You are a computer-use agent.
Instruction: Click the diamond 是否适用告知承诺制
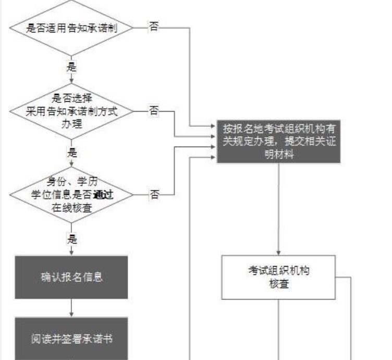coord(71,28)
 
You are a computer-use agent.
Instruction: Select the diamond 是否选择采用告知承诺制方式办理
coord(71,111)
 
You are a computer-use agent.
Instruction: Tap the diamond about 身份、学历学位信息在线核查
coord(71,194)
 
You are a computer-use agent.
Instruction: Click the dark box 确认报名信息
coord(71,277)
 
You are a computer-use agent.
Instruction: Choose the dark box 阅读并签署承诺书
coord(71,339)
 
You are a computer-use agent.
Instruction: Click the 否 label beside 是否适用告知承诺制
coord(154,27)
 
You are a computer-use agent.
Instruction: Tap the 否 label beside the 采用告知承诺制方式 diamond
coord(154,110)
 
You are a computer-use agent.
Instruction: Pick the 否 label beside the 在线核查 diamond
coord(154,194)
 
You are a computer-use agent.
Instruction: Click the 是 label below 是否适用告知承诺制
coord(71,67)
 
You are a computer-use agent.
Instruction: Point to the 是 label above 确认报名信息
coord(72,239)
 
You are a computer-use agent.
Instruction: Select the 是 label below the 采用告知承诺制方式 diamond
coord(71,153)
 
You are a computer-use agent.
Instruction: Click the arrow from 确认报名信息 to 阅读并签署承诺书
coord(71,307)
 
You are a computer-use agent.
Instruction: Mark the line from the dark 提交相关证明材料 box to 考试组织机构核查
coord(278,209)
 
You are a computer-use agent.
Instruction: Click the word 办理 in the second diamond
coord(71,121)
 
